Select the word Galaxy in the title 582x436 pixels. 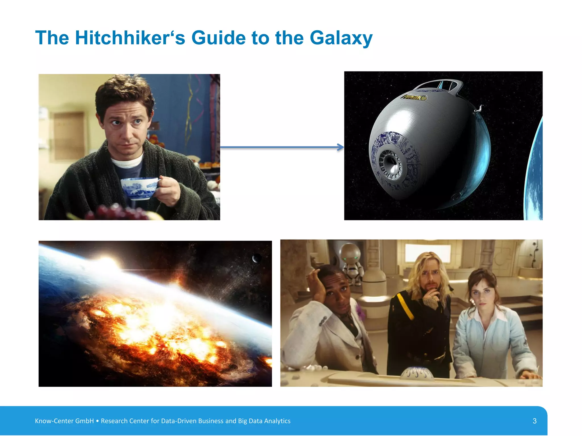coord(341,38)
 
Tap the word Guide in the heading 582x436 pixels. coord(218,38)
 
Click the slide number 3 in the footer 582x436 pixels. coord(535,421)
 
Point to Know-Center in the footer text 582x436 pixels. coord(54,421)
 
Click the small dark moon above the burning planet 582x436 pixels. coord(257,258)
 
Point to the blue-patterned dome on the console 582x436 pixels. coord(417,373)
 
